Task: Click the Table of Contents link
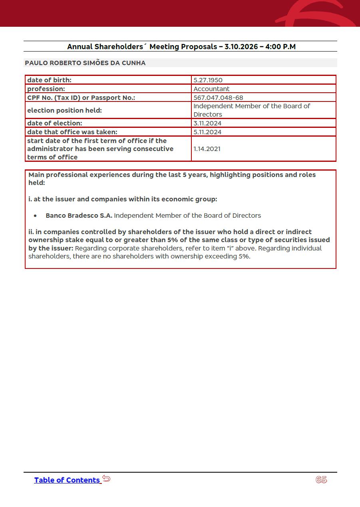tap(67, 480)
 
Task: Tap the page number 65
tap(321, 480)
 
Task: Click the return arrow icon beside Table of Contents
tap(106, 478)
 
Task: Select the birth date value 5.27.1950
tap(208, 80)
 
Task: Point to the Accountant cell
tap(211, 89)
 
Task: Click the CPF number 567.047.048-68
tap(218, 97)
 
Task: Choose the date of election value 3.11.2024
tap(207, 123)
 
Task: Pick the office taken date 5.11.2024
tap(207, 132)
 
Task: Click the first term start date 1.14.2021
tap(207, 149)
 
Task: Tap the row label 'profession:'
tap(46, 89)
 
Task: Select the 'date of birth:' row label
tap(49, 80)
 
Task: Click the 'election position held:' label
tap(64, 110)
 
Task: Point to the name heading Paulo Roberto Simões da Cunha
tap(85, 63)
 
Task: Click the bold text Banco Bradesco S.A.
tap(79, 216)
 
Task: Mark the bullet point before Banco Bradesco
tap(36, 216)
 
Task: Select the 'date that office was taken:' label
tap(72, 132)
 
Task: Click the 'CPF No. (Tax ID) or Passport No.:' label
tap(81, 97)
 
